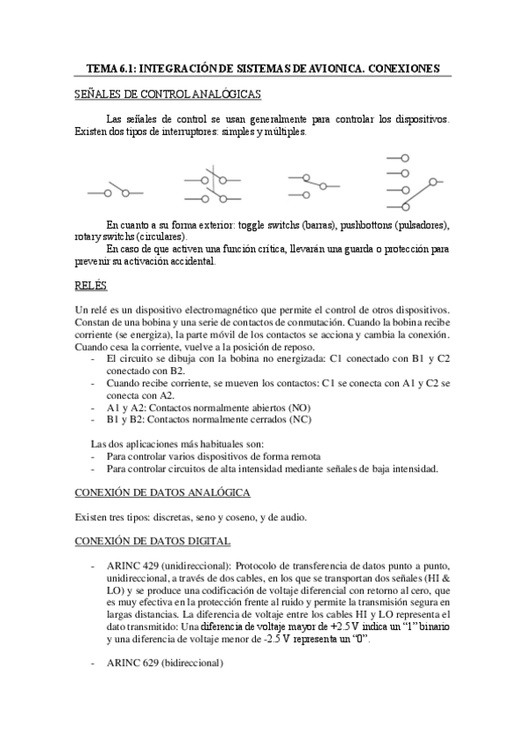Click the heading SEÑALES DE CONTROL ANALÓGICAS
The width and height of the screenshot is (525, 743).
(166, 94)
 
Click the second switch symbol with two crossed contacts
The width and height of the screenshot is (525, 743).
(210, 182)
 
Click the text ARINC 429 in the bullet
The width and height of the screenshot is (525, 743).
(131, 567)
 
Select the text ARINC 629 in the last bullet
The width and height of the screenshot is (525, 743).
(131, 664)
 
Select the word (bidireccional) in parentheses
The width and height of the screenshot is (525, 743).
(193, 664)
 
